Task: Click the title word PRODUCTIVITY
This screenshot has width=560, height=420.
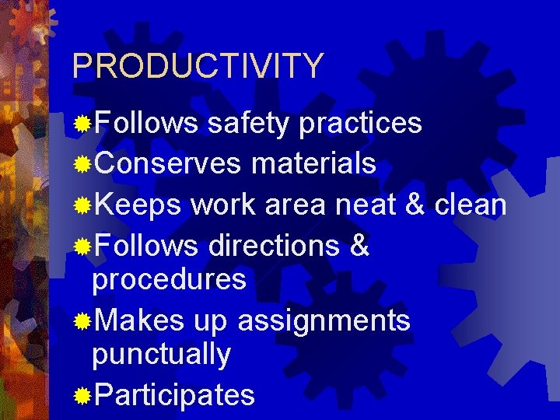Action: pyautogui.click(x=197, y=66)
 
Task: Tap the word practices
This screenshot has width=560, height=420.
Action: pyautogui.click(x=360, y=124)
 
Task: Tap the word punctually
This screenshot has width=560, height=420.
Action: pyautogui.click(x=161, y=355)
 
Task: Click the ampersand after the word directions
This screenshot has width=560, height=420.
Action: pyautogui.click(x=360, y=247)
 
